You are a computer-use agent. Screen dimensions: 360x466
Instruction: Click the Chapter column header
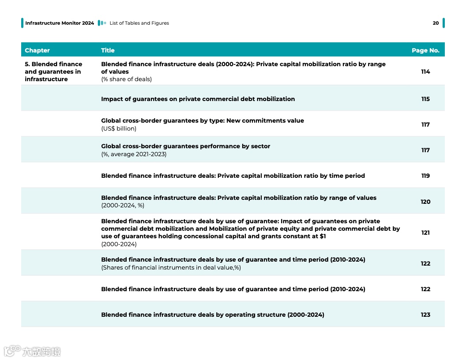[x=38, y=50]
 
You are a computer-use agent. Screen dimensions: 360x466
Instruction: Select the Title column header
[x=108, y=50]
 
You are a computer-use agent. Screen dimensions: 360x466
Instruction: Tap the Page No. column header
[x=425, y=50]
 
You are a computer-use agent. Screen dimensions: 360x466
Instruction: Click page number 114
[x=425, y=71]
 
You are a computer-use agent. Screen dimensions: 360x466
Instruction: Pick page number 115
[x=425, y=99]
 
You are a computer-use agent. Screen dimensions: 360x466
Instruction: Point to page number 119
[x=425, y=176]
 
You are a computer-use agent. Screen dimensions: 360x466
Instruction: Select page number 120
[x=425, y=202]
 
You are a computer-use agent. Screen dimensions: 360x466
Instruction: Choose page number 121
[x=425, y=232]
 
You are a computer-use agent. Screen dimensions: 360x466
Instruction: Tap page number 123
[x=425, y=315]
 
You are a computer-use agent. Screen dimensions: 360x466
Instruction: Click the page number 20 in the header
[x=436, y=23]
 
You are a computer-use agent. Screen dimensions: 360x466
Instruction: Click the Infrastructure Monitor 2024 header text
[x=60, y=23]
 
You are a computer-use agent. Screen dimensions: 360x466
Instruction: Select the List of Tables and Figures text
[x=139, y=23]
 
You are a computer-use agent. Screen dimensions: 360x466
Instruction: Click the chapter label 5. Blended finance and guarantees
[x=53, y=71]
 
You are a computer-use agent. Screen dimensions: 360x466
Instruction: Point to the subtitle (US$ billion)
[x=119, y=128]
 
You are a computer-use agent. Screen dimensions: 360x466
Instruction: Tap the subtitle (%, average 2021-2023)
[x=134, y=154]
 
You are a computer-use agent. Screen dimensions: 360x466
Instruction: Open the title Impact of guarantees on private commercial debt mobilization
[x=198, y=99]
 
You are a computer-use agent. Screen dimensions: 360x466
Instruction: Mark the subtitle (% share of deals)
[x=126, y=79]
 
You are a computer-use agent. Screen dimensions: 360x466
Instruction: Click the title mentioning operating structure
[x=212, y=315]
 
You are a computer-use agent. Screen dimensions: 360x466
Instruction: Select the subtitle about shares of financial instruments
[x=171, y=267]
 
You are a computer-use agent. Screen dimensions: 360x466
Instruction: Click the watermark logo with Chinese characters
[x=33, y=351]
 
